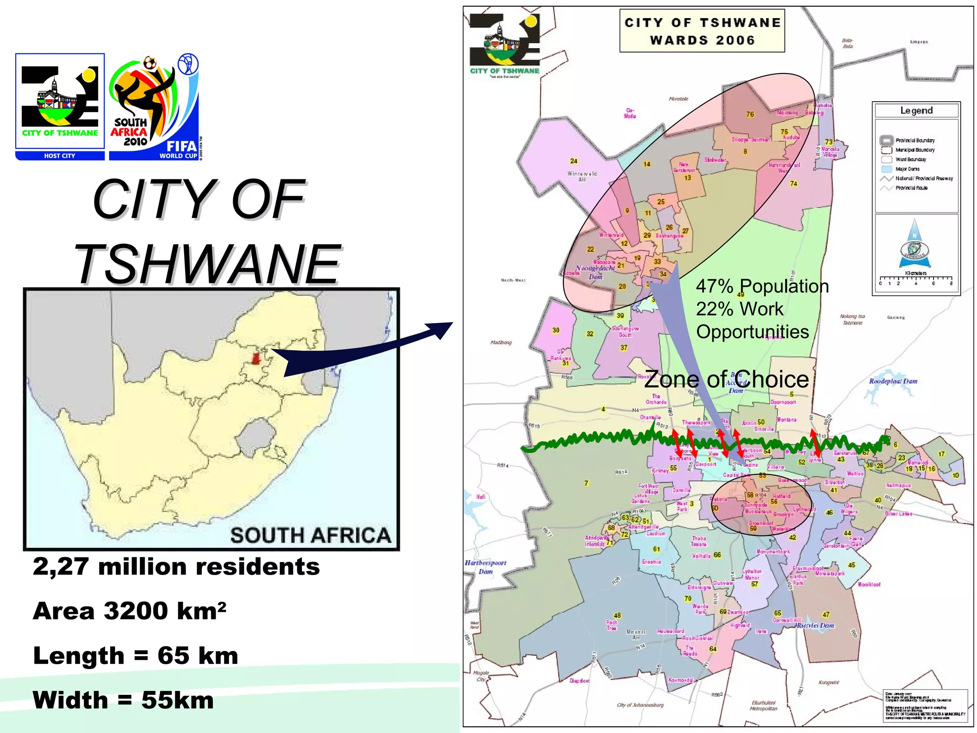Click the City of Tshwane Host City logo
pyautogui.click(x=60, y=106)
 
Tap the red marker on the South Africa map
pyautogui.click(x=256, y=359)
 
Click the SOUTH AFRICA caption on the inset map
pyautogui.click(x=311, y=535)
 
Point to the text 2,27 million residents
pyautogui.click(x=176, y=567)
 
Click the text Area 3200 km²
pyautogui.click(x=129, y=611)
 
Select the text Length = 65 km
pyautogui.click(x=135, y=656)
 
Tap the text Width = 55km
pyautogui.click(x=123, y=700)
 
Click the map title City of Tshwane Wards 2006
pyautogui.click(x=702, y=31)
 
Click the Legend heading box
pyautogui.click(x=916, y=111)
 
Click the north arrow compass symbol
pyautogui.click(x=915, y=244)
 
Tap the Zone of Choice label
pyautogui.click(x=726, y=380)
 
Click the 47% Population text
pyautogui.click(x=762, y=286)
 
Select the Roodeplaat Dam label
pyautogui.click(x=893, y=381)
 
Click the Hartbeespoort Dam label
pyautogui.click(x=485, y=567)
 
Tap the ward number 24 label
pyautogui.click(x=573, y=161)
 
